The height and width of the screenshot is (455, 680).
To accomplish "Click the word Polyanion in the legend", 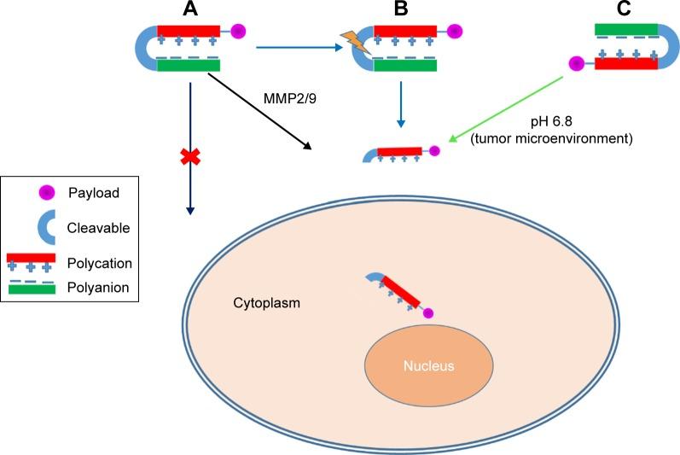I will pos(98,288).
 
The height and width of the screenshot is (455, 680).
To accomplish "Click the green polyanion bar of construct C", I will pos(625,30).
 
